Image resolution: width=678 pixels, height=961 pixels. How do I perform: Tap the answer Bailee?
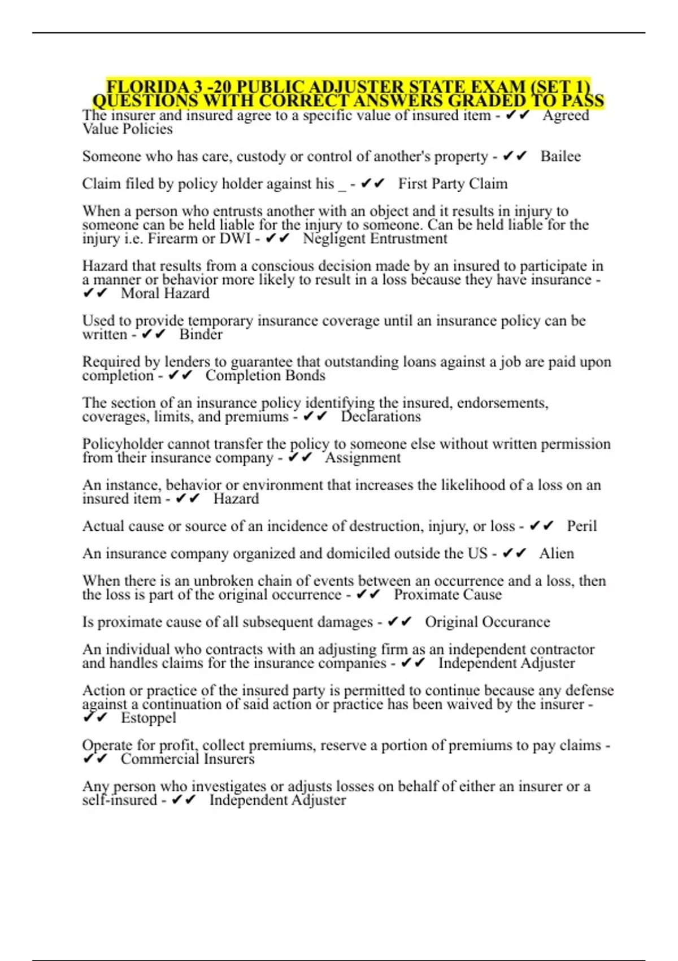[x=560, y=156]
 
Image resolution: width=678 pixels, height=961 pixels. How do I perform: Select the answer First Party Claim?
[x=453, y=184]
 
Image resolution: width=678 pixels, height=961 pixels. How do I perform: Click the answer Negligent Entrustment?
[x=375, y=239]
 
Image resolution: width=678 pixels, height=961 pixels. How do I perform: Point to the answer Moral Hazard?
[x=165, y=293]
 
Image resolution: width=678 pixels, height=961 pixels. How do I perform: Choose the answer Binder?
[x=201, y=335]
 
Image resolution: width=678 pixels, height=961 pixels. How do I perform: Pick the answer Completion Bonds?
[x=265, y=376]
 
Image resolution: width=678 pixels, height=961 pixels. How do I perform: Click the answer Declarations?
[x=381, y=417]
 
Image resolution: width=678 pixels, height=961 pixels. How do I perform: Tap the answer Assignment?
[x=363, y=458]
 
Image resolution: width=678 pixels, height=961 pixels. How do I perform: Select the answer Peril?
[x=581, y=526]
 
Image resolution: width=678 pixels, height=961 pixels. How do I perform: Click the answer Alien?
[x=557, y=553]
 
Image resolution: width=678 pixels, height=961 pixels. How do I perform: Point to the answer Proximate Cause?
[x=447, y=595]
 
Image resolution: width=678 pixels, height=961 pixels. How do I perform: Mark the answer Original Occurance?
[x=487, y=622]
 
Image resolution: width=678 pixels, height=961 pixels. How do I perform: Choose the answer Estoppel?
[x=148, y=718]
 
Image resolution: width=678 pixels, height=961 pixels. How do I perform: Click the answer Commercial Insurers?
[x=188, y=759]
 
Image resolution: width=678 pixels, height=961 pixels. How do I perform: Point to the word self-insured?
[x=119, y=800]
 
